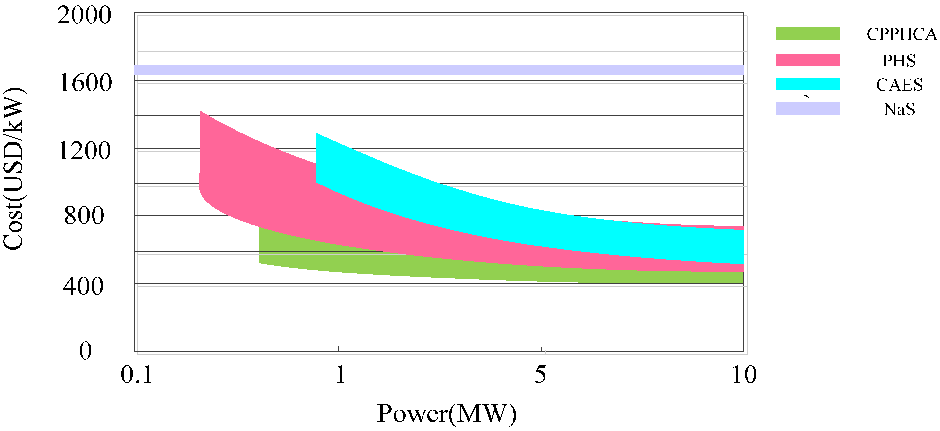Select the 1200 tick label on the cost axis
coord(84,151)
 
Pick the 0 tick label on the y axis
coord(85,351)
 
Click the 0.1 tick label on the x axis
coord(137,375)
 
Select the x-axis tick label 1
coord(340,375)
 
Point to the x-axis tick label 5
coord(540,375)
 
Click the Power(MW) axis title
coord(447,414)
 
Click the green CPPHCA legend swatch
coord(807,33)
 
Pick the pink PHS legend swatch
coord(807,60)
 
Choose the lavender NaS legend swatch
coord(807,109)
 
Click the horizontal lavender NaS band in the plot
coord(438,70)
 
